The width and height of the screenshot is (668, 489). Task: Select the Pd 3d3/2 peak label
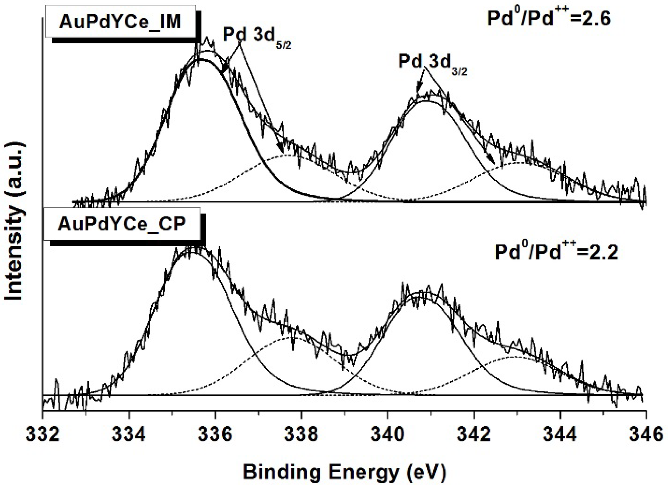point(432,65)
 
